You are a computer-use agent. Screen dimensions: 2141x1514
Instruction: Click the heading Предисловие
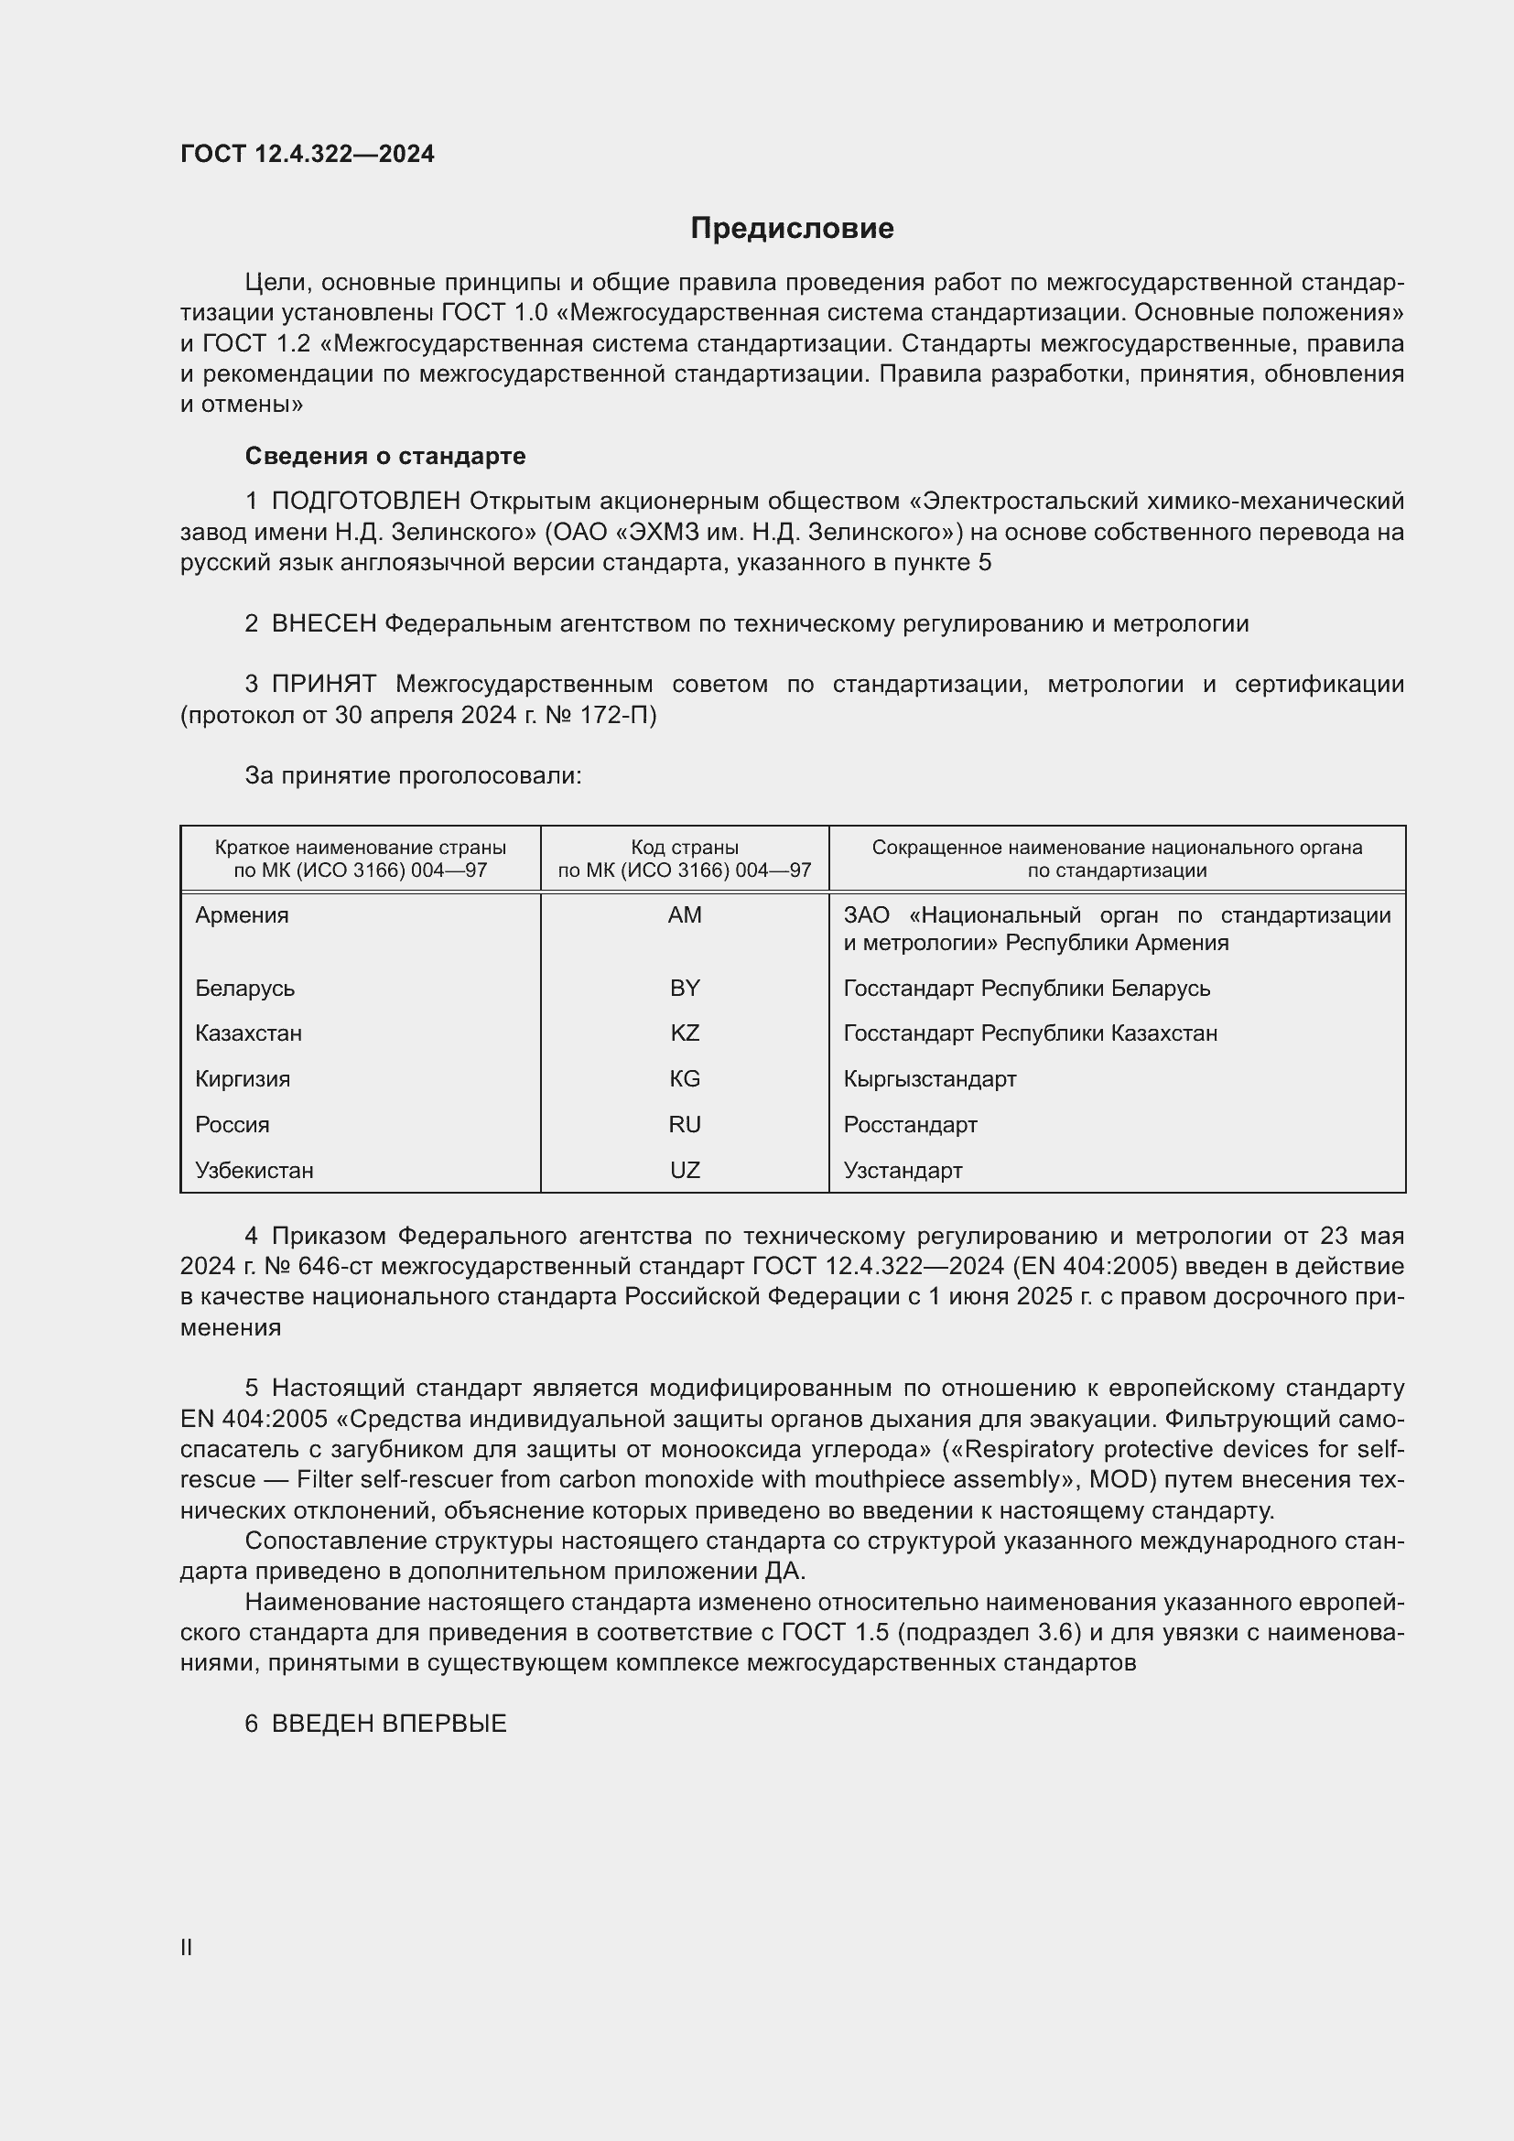792,229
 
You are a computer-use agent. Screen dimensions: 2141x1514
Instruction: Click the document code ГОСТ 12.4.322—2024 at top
308,154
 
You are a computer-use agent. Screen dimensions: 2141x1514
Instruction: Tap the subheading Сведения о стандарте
385,456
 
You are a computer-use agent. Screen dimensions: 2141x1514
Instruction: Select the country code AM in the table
685,914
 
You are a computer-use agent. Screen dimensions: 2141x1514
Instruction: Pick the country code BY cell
685,988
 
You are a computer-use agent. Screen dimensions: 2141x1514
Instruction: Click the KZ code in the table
685,1033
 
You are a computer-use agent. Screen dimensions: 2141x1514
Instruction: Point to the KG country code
685,1079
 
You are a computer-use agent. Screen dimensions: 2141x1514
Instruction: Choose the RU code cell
685,1125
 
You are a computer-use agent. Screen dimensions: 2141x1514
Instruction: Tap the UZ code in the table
685,1171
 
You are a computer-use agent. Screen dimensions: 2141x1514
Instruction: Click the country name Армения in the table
243,914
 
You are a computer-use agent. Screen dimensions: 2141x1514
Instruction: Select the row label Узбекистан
254,1171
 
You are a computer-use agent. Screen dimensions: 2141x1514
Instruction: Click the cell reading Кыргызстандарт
929,1079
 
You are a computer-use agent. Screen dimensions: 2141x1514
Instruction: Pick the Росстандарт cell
910,1125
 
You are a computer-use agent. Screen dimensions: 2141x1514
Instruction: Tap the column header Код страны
685,848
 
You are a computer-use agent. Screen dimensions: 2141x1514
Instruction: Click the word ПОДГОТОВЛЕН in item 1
366,502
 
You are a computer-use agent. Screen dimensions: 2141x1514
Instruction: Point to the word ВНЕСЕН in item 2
323,624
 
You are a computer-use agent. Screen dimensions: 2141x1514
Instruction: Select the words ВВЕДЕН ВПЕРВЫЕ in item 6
389,1725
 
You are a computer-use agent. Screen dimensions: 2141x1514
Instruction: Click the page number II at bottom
187,1948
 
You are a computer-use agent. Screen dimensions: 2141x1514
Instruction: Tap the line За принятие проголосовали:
413,776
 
